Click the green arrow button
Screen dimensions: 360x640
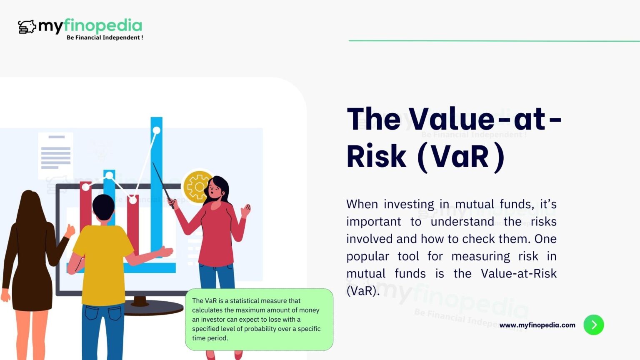(593, 325)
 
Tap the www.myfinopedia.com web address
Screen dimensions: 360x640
(537, 325)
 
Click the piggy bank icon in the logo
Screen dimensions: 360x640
(27, 27)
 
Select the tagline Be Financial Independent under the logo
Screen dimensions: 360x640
(105, 37)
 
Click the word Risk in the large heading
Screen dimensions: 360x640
(376, 157)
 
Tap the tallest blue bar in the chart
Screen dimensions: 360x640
(156, 187)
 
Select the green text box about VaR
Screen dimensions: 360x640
(259, 319)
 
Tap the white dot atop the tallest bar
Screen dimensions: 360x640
(156, 130)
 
